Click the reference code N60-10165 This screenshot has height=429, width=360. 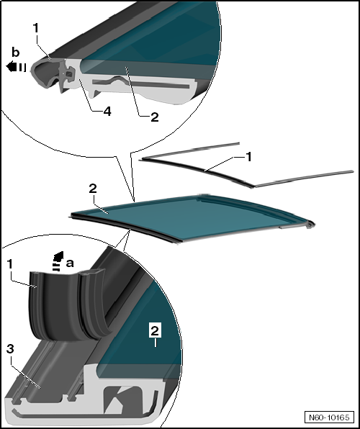point(329,417)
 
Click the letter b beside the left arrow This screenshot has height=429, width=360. point(16,52)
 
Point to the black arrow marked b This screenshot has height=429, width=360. point(16,67)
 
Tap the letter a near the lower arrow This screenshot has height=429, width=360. point(70,263)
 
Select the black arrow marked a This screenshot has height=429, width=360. point(58,261)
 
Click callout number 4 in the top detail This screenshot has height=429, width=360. point(107,112)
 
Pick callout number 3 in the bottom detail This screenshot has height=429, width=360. point(10,349)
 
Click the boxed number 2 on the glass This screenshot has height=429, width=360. point(155,331)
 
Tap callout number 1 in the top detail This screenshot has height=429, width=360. point(35,28)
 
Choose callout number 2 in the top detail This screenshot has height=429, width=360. point(155,117)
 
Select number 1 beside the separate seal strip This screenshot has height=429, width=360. point(248,157)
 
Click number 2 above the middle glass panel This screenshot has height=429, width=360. point(93,189)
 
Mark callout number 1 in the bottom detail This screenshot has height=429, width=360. point(9,264)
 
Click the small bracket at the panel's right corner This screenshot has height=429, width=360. point(310,225)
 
